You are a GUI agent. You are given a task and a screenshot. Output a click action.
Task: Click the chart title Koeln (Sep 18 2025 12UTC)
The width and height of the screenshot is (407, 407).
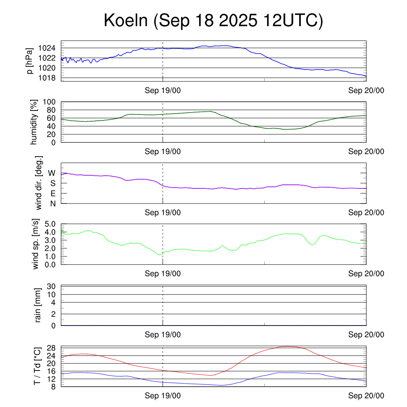click(213, 21)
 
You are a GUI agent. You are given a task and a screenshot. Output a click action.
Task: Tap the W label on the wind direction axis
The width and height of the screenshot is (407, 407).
click(52, 173)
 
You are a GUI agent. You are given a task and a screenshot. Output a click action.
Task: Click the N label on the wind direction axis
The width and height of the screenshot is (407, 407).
click(52, 203)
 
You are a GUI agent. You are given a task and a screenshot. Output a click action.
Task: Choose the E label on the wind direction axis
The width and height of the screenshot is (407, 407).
click(52, 194)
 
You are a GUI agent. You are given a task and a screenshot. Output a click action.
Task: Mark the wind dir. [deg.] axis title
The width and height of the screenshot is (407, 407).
click(39, 183)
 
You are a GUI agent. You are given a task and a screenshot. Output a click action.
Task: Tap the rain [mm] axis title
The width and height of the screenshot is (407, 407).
click(39, 305)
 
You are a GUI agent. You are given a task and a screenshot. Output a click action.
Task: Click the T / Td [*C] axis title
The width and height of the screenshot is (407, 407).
click(37, 366)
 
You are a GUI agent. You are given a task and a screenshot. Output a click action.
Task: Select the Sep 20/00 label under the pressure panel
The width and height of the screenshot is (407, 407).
click(366, 91)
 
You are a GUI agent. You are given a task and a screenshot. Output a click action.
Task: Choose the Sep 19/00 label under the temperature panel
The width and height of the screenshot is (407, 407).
click(163, 395)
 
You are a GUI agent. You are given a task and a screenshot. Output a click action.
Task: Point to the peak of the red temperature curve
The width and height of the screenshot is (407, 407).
click(287, 346)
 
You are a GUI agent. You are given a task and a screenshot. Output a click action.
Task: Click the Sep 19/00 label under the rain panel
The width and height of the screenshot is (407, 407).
click(163, 335)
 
